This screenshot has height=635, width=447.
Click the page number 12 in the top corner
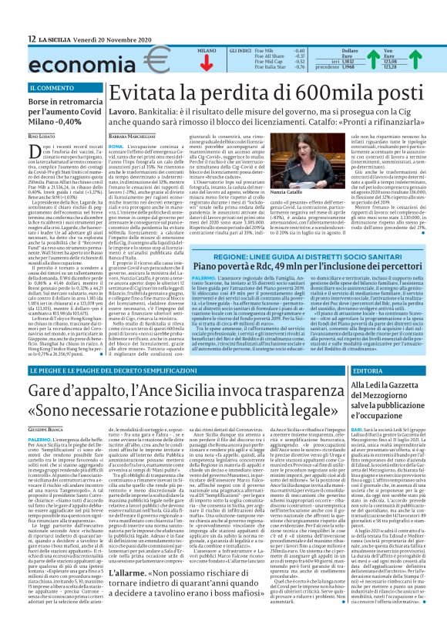[x=32, y=39]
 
